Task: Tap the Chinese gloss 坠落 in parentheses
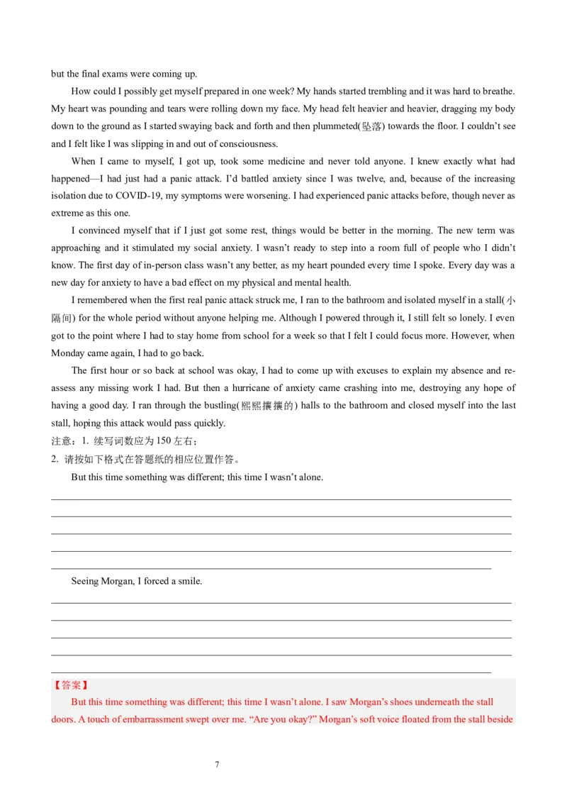coord(371,126)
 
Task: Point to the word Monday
coord(67,353)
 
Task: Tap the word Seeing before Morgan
coord(84,581)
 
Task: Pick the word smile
coord(190,581)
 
